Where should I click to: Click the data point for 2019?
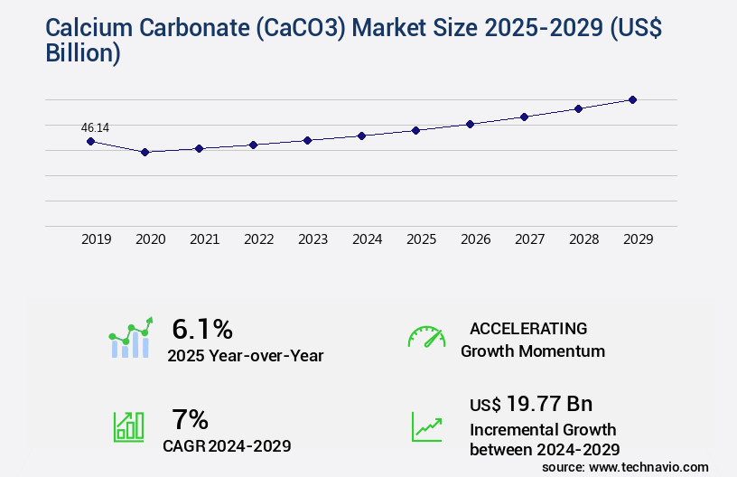[90, 141]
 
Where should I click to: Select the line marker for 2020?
[145, 152]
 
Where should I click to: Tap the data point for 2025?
[415, 130]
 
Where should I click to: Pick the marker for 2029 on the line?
[632, 99]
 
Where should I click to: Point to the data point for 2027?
[524, 117]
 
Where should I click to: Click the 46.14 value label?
[95, 127]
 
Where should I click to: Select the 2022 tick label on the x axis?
[258, 239]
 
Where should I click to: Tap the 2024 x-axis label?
[367, 239]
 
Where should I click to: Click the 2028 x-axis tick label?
[583, 239]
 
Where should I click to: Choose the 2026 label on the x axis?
[475, 239]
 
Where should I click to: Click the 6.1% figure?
[202, 328]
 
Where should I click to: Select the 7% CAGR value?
[191, 419]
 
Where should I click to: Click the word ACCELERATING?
[528, 328]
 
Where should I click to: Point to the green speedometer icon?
[426, 337]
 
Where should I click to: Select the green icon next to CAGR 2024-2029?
[128, 426]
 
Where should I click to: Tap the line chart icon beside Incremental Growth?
[426, 426]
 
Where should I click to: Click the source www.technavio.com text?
[625, 466]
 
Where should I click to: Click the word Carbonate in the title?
[188, 28]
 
